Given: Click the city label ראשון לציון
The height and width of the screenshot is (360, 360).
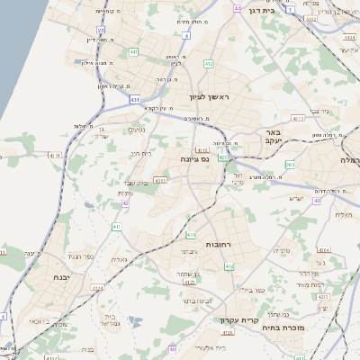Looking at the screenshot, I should [x=208, y=96].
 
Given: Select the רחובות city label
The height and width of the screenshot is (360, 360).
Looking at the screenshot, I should [x=220, y=245].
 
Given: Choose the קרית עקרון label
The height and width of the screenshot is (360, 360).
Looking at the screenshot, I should [x=238, y=319].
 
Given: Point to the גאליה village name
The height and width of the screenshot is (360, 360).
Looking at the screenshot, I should [x=117, y=259].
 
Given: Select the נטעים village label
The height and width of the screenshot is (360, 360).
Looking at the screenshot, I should [x=138, y=130].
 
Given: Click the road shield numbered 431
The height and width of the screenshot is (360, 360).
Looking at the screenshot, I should [x=134, y=99].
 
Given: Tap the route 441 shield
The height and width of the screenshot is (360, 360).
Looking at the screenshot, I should [x=133, y=52].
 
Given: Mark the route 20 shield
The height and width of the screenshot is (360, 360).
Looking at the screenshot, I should [x=102, y=30].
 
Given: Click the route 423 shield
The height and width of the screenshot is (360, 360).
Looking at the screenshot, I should [x=222, y=157].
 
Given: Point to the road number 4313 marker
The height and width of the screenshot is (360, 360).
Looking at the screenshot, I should [x=299, y=118].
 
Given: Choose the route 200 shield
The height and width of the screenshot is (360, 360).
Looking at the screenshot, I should [x=290, y=164].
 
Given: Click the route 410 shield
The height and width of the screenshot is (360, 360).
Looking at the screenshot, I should [x=191, y=234].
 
